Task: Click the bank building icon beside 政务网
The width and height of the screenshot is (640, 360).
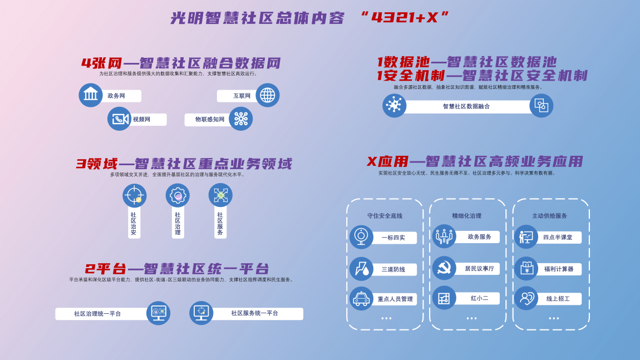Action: click(x=91, y=95)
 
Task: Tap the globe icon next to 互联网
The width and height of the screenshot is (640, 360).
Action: click(x=267, y=95)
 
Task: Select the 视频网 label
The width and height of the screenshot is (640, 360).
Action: click(x=141, y=119)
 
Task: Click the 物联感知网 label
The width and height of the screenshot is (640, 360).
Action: click(x=210, y=119)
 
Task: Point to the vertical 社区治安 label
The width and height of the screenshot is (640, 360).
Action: click(x=134, y=223)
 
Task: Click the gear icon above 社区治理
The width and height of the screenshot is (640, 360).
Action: click(x=178, y=195)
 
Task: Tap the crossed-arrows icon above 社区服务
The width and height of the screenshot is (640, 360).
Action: click(x=220, y=195)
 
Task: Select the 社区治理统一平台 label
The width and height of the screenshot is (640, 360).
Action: click(x=97, y=313)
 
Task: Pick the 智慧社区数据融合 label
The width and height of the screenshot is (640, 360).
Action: click(x=466, y=106)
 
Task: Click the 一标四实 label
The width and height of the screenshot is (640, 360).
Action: click(x=393, y=238)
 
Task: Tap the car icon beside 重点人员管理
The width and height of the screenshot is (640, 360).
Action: click(x=361, y=299)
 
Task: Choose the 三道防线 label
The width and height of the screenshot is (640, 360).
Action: click(x=393, y=269)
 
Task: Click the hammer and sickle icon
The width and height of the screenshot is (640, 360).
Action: click(x=444, y=268)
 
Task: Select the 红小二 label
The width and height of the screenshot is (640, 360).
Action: click(x=479, y=298)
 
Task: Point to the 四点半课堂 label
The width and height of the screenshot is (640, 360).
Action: click(x=558, y=237)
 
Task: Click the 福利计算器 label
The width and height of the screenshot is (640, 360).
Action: click(x=559, y=269)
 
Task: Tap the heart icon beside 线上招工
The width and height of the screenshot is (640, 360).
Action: click(x=526, y=298)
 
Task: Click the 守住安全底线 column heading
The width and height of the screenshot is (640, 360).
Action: click(x=385, y=216)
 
